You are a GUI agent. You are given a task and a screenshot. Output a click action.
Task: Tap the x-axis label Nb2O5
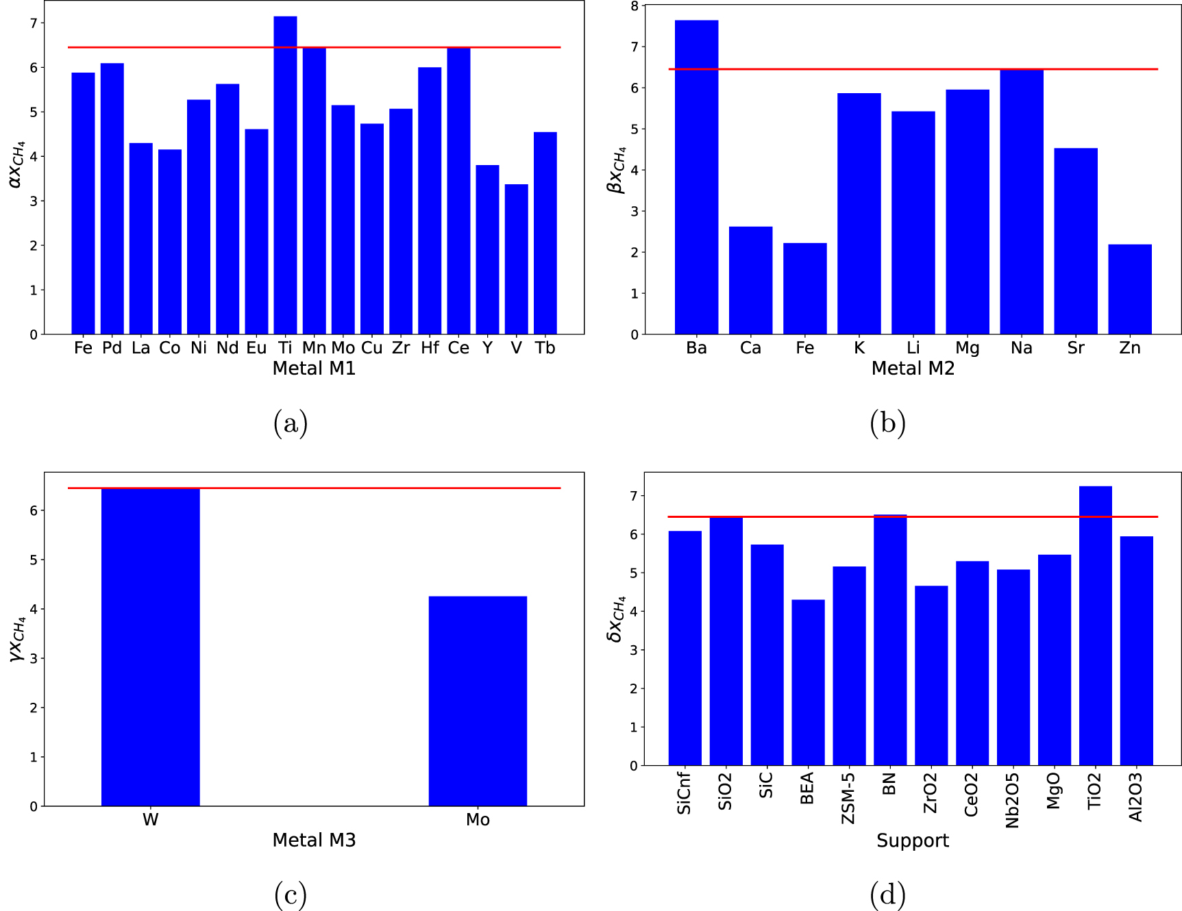coord(1013,800)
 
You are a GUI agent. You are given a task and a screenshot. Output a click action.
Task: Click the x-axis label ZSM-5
coord(848,797)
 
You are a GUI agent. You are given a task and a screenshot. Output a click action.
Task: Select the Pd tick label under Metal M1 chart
coord(112,348)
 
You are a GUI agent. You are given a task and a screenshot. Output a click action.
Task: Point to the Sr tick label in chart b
coord(1075,348)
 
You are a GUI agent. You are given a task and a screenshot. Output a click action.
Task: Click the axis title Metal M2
coord(912,369)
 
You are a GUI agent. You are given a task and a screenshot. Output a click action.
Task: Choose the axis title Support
coord(912,840)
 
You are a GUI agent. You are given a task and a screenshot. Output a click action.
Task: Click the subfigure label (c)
coord(290,894)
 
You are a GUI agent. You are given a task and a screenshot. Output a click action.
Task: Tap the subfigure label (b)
coord(887,423)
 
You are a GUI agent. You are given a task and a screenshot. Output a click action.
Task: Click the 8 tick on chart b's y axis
coord(635,6)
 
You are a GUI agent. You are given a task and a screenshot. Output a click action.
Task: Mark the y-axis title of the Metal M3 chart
coord(17,638)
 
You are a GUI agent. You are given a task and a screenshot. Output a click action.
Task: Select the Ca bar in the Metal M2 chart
coord(750,280)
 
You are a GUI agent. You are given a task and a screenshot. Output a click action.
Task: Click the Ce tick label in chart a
coord(458,348)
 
